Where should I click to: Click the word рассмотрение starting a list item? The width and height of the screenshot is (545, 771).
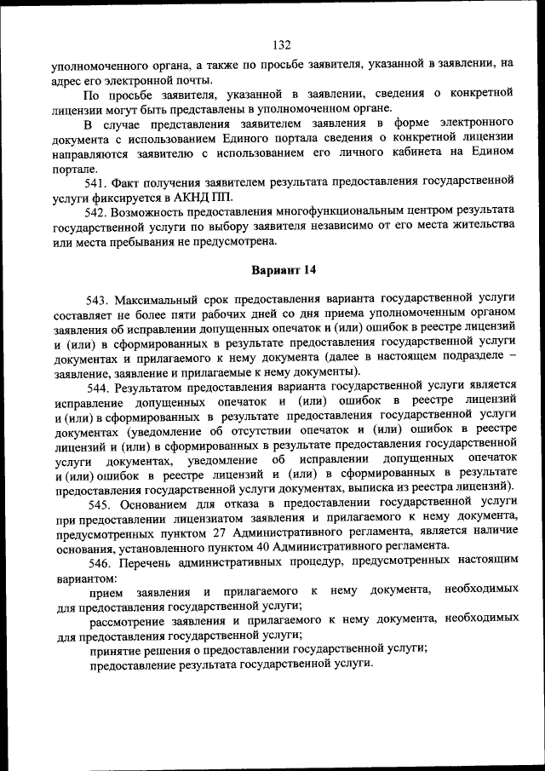tap(128, 619)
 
